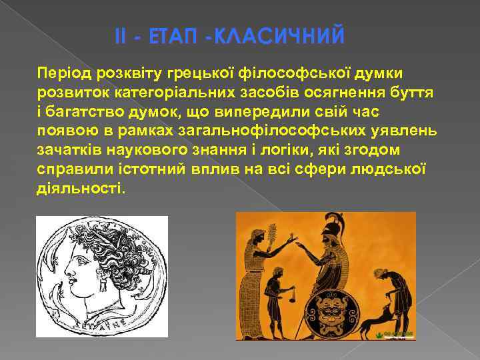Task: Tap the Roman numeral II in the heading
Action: click(x=121, y=33)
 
